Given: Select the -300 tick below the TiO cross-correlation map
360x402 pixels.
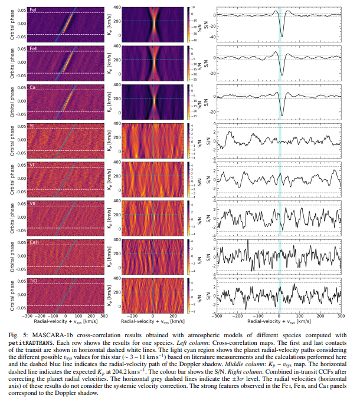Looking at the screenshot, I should point(28,317).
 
